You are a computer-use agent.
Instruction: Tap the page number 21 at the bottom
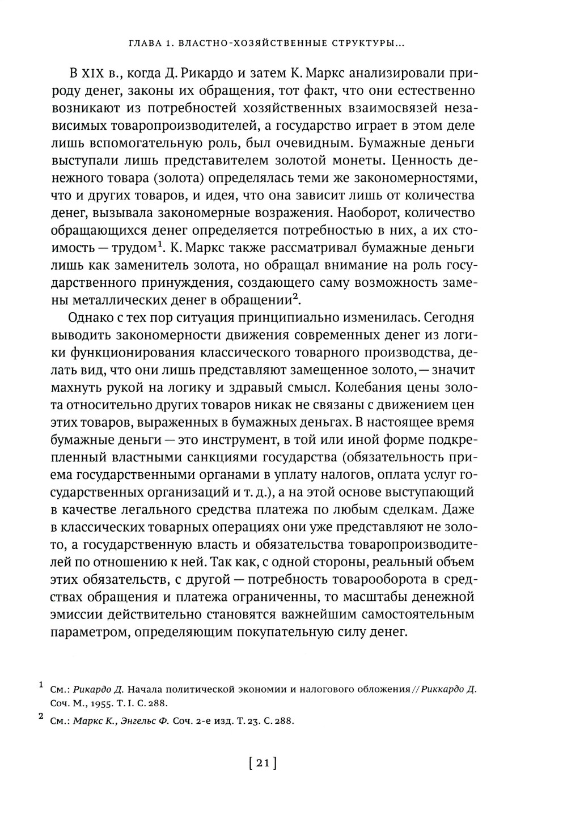(262, 763)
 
